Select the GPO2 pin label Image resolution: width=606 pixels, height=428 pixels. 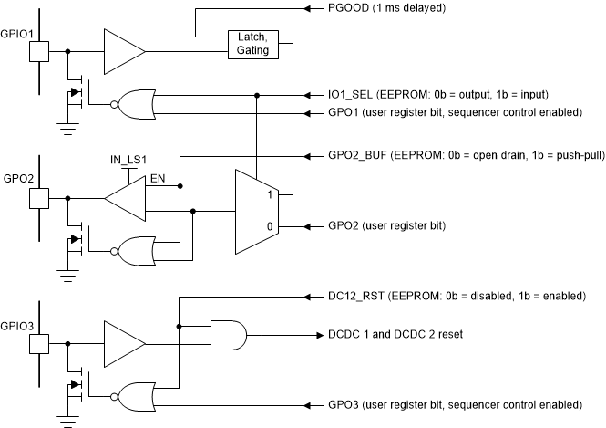click(x=17, y=175)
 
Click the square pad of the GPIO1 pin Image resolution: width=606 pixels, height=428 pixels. click(x=39, y=51)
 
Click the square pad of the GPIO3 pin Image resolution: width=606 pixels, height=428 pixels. click(x=39, y=344)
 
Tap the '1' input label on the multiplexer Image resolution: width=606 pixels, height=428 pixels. click(x=269, y=194)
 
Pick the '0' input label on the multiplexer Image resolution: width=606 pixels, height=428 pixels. click(x=269, y=225)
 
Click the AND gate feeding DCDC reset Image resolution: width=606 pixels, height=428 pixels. click(x=228, y=335)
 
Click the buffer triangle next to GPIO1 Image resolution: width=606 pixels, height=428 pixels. click(x=123, y=51)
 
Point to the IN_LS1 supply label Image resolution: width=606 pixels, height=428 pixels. click(x=128, y=161)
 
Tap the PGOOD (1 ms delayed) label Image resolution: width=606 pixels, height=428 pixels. click(x=386, y=8)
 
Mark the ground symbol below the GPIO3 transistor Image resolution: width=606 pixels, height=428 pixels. click(x=69, y=420)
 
